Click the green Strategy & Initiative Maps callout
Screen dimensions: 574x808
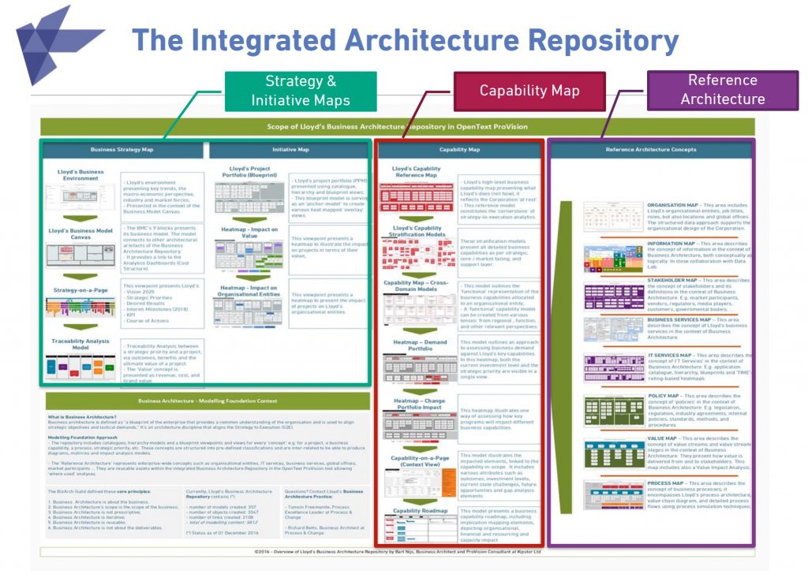tap(301, 91)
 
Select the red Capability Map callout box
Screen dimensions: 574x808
tap(529, 91)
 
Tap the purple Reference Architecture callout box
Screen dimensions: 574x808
tap(722, 90)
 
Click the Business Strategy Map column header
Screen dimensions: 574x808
tap(122, 149)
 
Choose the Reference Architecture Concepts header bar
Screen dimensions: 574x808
tap(651, 149)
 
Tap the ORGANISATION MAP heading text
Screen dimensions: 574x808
tap(673, 204)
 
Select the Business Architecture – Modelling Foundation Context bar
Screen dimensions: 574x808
tap(207, 401)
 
